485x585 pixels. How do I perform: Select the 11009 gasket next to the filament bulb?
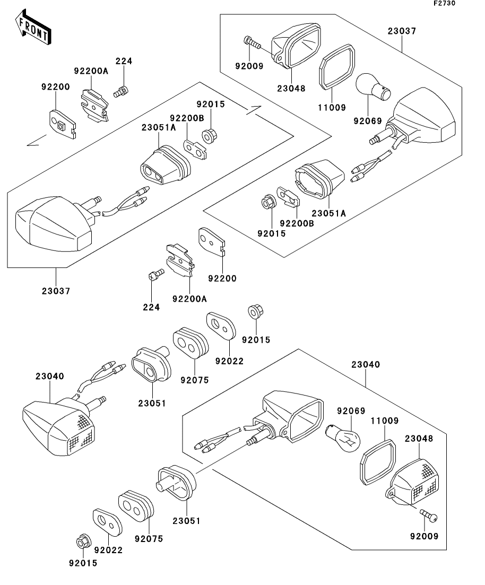(x=378, y=460)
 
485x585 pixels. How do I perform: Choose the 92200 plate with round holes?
(x=212, y=243)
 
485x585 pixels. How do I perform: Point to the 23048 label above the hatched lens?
(x=419, y=439)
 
